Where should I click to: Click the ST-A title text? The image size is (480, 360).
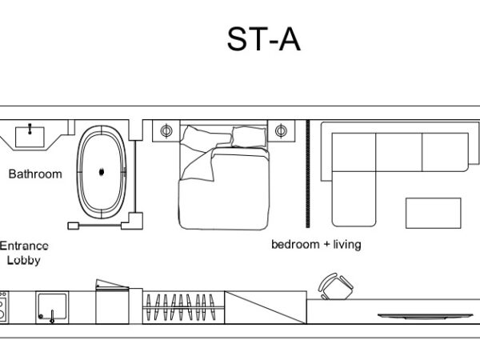coord(263,39)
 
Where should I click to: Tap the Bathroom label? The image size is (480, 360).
coord(35,174)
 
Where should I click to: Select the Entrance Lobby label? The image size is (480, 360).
coord(24,253)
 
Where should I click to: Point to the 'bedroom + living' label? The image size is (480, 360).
coord(316,244)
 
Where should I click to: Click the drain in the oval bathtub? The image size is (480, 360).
coord(102,172)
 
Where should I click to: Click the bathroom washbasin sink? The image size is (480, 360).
coord(30,137)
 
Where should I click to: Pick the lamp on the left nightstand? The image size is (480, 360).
coord(166,131)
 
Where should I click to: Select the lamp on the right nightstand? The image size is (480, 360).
coord(281,130)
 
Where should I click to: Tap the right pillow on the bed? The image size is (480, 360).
coord(249,137)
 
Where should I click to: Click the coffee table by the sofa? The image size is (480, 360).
coord(433,213)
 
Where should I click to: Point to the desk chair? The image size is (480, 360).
coord(336,286)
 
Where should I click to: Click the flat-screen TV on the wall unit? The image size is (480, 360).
coord(426,316)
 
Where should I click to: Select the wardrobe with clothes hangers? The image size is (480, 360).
coord(183,307)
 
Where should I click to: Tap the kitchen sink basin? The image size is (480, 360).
coord(52,307)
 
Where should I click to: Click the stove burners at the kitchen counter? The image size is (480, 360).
coord(4,307)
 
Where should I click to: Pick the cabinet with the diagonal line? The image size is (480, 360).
coord(266,307)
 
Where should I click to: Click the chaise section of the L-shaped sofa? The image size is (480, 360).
coord(354,199)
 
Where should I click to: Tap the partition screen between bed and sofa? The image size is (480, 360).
coord(308,174)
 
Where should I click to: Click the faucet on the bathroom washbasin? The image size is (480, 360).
coord(30,129)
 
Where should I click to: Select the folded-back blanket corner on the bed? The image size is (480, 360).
coord(198,166)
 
